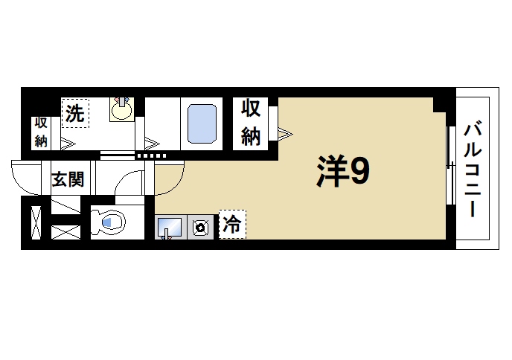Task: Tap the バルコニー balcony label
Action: pos(471,169)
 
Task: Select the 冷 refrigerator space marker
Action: pos(231,225)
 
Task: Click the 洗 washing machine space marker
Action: pos(74,114)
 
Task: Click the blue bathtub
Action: pos(201,123)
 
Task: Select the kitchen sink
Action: pos(170,226)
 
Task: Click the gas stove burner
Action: pos(200,228)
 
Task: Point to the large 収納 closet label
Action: pos(251,123)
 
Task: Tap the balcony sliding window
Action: pos(449,165)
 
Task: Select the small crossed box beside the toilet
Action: pos(65,231)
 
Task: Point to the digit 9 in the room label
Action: pos(359,173)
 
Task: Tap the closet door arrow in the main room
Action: pos(286,134)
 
